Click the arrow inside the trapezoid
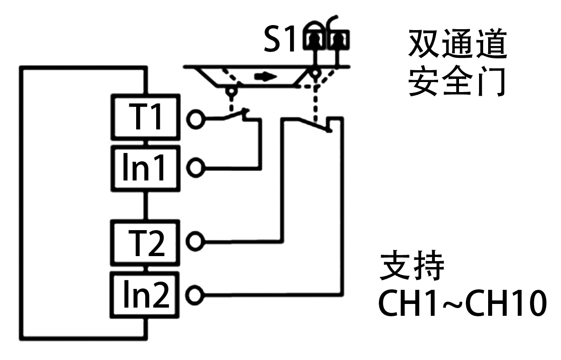pyautogui.click(x=265, y=76)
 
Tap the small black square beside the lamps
pyautogui.click(x=279, y=38)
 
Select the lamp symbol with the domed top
pyautogui.click(x=313, y=40)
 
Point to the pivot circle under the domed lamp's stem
pyautogui.click(x=314, y=73)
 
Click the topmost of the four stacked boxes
pyautogui.click(x=145, y=117)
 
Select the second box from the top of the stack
pyautogui.click(x=145, y=168)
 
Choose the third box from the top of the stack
pyautogui.click(x=145, y=242)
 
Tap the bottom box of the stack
pyautogui.click(x=145, y=294)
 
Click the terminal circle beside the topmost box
pyautogui.click(x=195, y=120)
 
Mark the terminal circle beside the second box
pyautogui.click(x=195, y=168)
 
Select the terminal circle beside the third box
pyautogui.click(x=195, y=241)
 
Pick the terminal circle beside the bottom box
pyautogui.click(x=195, y=294)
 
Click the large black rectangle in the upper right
pyautogui.click(x=457, y=62)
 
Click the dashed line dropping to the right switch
pyautogui.click(x=315, y=105)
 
